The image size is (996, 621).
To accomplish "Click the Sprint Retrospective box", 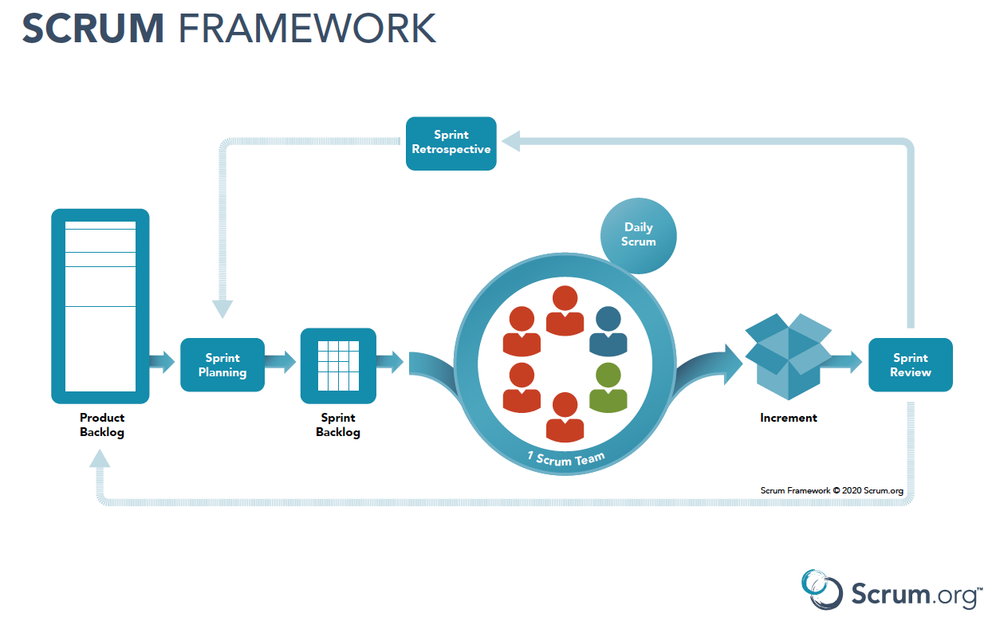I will point(451,143).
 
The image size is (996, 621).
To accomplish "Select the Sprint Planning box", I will point(222,365).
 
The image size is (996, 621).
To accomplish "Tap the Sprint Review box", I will point(910,365).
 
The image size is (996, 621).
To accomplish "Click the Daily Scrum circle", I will point(638,235).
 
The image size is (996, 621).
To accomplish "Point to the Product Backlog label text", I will point(102,425).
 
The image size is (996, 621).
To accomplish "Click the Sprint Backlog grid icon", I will point(338,365).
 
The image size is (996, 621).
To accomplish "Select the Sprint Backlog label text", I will point(338,425).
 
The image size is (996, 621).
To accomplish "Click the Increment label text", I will point(788,418).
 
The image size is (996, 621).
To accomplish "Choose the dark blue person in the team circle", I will point(608,331).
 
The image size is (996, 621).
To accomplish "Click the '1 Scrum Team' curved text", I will point(565,459).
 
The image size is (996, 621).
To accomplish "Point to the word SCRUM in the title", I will point(93,29).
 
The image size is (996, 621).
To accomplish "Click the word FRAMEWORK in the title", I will point(307,29).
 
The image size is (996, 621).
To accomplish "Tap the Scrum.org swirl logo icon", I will point(821,590).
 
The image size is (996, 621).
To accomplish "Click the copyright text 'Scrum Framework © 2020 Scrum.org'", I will point(832,491).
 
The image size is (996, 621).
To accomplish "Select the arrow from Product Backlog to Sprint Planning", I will point(162,362).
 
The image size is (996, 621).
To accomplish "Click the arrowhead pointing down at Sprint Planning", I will point(222,309).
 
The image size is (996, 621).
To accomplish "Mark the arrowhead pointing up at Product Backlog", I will point(100,458).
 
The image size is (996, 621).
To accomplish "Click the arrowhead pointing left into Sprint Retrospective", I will point(510,143).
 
